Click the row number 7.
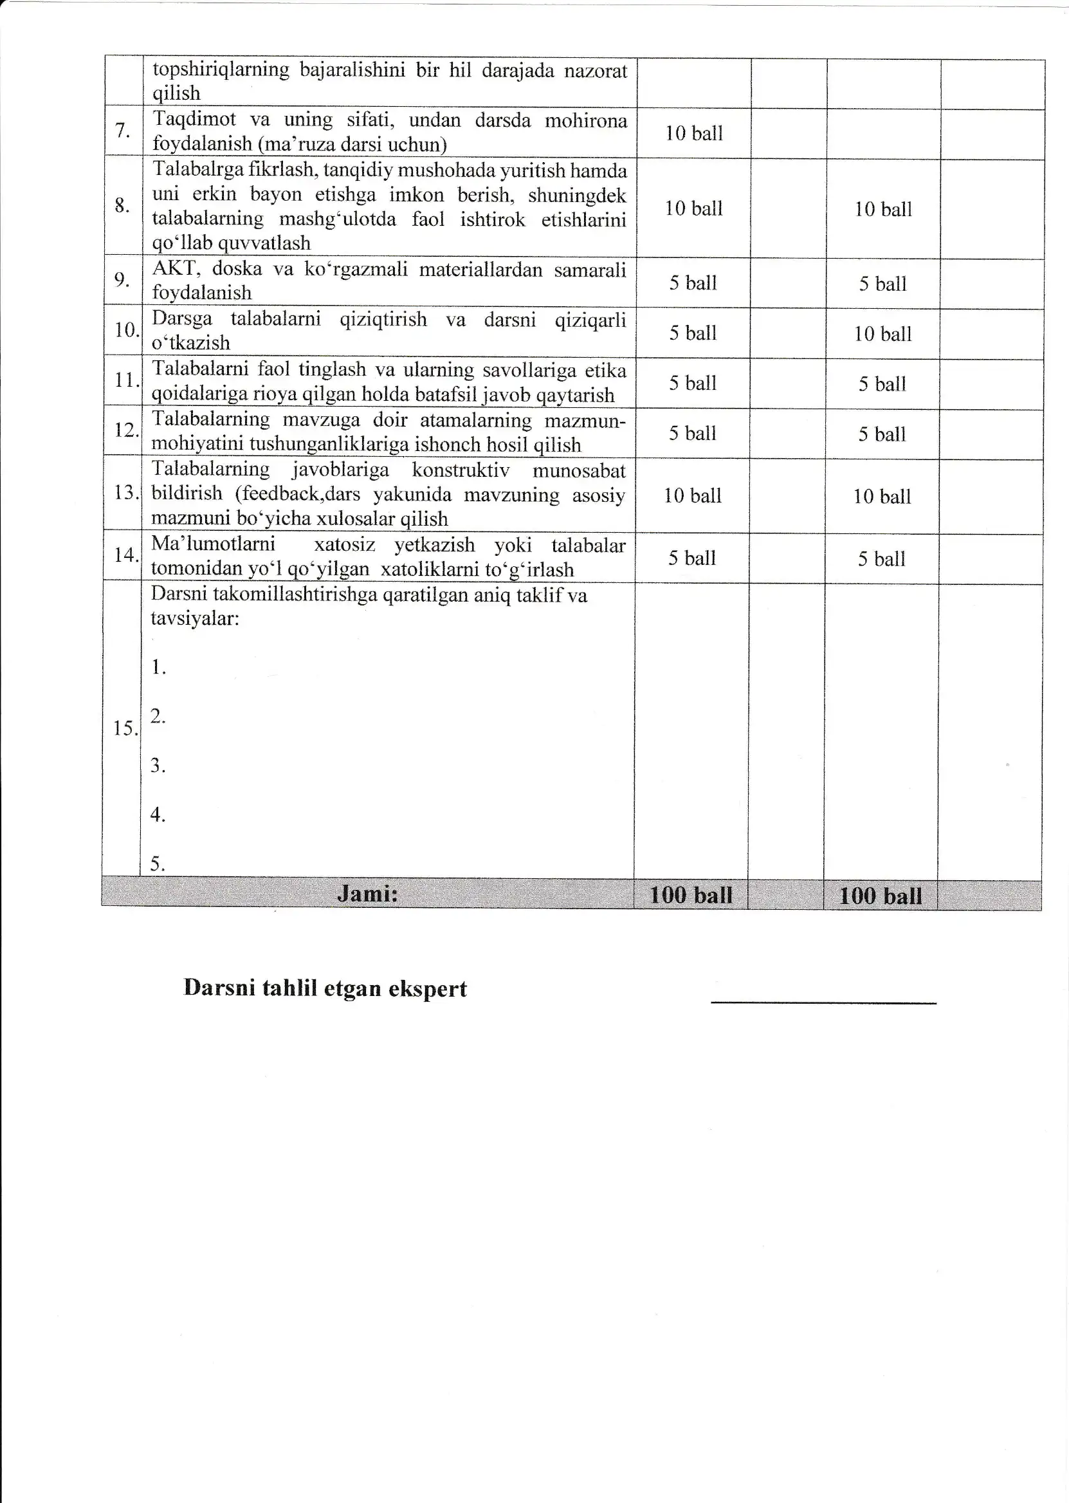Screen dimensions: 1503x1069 coord(122,131)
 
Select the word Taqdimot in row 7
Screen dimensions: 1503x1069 coord(194,119)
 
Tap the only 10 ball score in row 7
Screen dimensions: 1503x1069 coord(694,134)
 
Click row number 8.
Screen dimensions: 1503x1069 coord(122,205)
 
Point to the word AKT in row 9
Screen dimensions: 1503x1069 coord(175,268)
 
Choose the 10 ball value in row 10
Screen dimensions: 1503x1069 coord(882,335)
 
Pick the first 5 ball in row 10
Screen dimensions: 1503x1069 coord(693,333)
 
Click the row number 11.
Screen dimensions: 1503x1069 coord(125,380)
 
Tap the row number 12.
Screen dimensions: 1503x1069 coord(125,430)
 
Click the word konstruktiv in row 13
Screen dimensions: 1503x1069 coord(461,470)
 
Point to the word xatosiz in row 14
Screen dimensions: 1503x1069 coord(344,545)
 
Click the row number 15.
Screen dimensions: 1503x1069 coord(123,728)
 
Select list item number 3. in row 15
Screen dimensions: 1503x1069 coord(158,765)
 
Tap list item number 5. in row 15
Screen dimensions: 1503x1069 coord(158,863)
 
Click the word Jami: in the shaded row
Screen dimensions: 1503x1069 coord(367,894)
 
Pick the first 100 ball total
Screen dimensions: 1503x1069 coord(691,896)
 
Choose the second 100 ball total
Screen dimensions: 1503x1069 coord(881,896)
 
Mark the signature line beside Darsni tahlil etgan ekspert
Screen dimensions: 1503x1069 coord(823,1002)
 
